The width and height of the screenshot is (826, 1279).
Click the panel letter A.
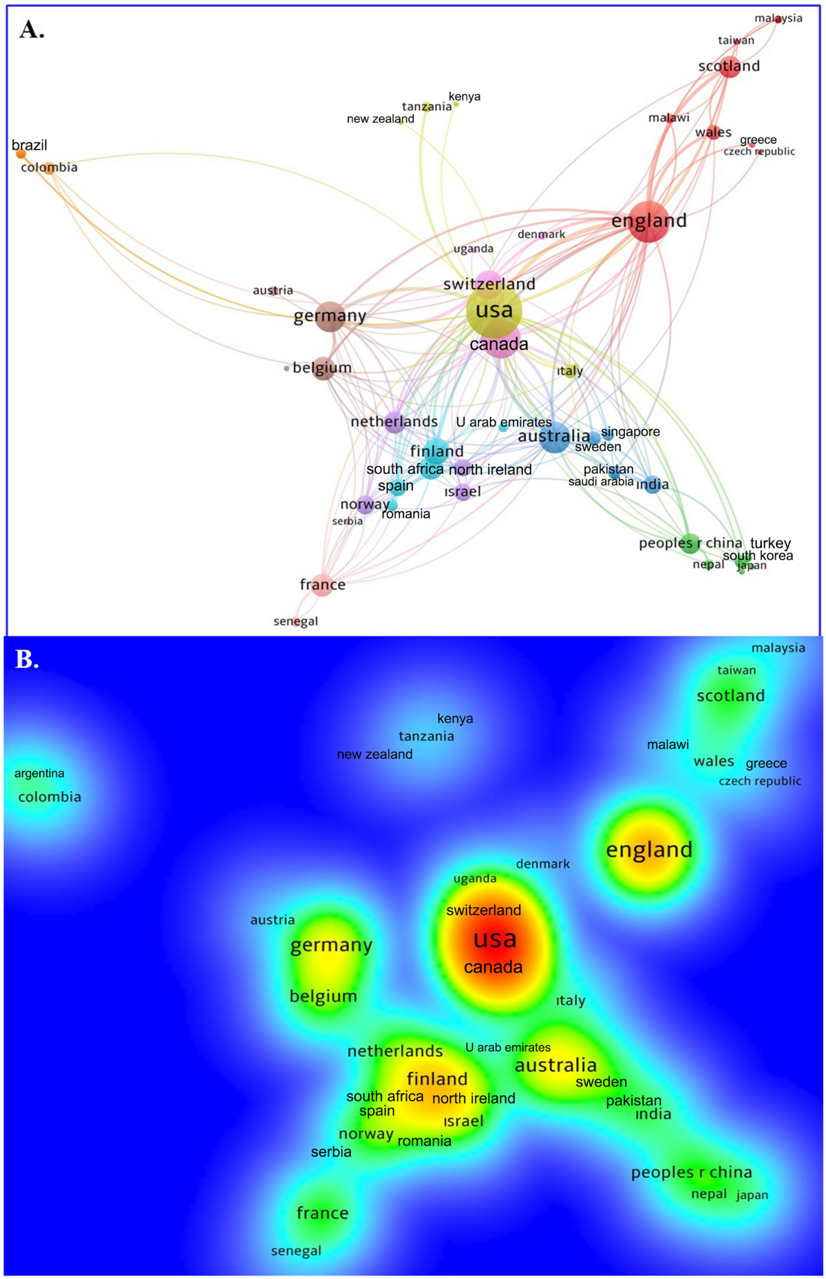click(x=32, y=30)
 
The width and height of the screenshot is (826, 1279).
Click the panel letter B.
click(x=27, y=660)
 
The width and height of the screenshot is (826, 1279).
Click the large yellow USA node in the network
click(x=494, y=311)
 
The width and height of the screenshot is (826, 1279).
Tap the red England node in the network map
click(x=648, y=222)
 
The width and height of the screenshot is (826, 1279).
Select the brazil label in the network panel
click(x=30, y=145)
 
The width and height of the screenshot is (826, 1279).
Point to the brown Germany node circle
click(x=330, y=316)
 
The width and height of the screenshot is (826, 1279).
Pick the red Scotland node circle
click(x=730, y=67)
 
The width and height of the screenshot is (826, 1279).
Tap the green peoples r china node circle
click(x=690, y=543)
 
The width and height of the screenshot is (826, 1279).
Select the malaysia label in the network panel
click(x=778, y=18)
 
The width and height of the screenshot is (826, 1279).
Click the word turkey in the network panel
click(x=770, y=543)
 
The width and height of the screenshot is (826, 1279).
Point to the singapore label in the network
click(x=631, y=431)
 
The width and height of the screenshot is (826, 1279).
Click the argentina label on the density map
click(x=39, y=773)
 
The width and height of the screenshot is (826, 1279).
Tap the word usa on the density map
click(x=495, y=939)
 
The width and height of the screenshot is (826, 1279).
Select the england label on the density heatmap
click(x=648, y=850)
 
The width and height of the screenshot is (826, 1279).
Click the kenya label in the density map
click(x=455, y=718)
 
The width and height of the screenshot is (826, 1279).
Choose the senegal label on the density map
click(x=296, y=1251)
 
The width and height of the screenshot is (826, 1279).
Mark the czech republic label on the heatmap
click(x=760, y=781)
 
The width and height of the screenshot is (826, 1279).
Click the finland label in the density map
click(x=437, y=1079)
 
